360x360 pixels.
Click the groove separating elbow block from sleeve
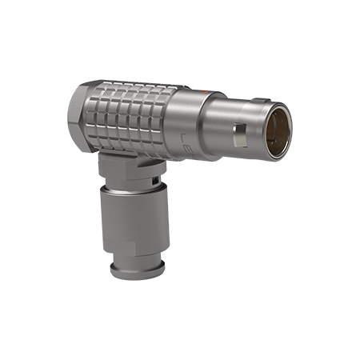[x=132, y=186]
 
